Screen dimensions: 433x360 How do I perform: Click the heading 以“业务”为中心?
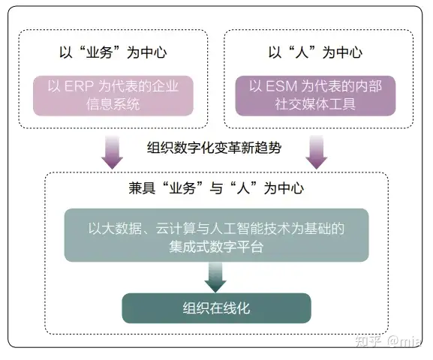[x=113, y=52]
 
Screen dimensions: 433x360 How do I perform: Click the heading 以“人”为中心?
[x=315, y=52]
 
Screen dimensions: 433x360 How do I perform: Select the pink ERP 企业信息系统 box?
[x=113, y=95]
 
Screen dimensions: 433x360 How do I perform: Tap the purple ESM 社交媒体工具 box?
[x=315, y=95]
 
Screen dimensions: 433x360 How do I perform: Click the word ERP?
[x=79, y=86]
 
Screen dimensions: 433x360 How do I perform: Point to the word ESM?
[x=281, y=86]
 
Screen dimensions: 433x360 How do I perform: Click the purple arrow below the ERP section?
[x=112, y=152]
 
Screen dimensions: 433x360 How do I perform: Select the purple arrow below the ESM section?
[x=317, y=152]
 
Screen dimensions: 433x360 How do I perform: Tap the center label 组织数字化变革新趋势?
[x=215, y=148]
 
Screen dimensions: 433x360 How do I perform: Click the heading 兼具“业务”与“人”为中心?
[x=216, y=188]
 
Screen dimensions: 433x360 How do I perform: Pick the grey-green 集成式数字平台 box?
[x=216, y=235]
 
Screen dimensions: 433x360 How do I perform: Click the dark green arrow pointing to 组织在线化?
[x=215, y=277]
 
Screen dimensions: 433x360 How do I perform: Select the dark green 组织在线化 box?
[x=216, y=308]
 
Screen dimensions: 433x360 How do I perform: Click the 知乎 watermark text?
[x=368, y=341]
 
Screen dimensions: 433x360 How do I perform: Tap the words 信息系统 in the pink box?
[x=113, y=104]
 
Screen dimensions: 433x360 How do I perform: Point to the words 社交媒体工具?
[x=315, y=104]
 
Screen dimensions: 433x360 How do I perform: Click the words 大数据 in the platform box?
[x=122, y=229]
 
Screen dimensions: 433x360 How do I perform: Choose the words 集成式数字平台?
[x=216, y=247]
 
